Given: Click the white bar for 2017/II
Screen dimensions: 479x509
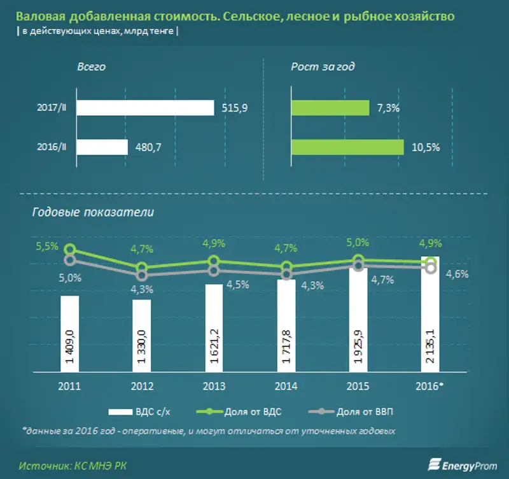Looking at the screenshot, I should click(x=145, y=108).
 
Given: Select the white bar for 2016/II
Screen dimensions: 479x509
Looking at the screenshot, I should click(x=102, y=147).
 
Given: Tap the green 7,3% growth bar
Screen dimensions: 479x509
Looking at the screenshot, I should click(x=330, y=108).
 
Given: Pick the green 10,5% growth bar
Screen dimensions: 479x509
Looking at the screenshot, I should click(x=347, y=147).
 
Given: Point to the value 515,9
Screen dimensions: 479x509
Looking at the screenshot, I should click(x=234, y=109).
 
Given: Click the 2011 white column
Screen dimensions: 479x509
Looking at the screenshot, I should click(x=70, y=334).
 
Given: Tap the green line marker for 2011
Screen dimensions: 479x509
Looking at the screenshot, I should click(x=70, y=250).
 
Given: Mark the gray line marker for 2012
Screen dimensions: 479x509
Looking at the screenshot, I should click(x=142, y=275).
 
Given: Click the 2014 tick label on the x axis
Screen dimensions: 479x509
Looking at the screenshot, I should click(x=286, y=385).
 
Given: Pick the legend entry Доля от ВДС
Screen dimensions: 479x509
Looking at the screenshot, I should click(x=256, y=412).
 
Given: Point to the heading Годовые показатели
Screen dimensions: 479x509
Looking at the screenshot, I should click(x=93, y=211).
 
